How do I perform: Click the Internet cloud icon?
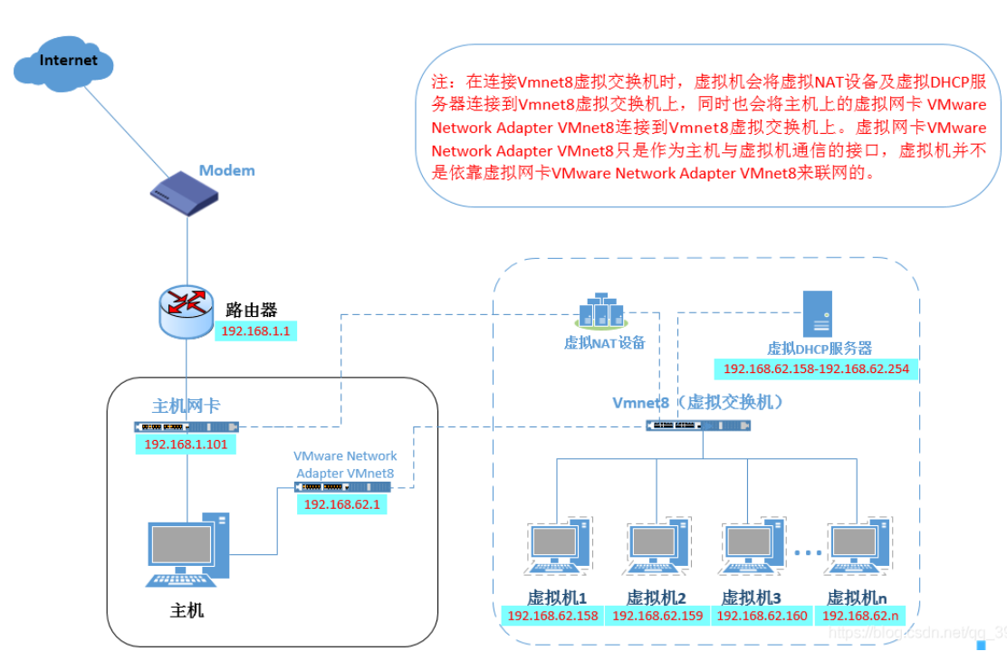tap(65, 64)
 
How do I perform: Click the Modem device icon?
tap(185, 192)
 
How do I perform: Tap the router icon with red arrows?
tap(187, 311)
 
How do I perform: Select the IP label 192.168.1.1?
tap(255, 331)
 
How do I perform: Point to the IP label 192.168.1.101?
tap(186, 444)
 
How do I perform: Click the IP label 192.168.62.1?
tap(341, 503)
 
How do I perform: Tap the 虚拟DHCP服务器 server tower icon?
tap(817, 314)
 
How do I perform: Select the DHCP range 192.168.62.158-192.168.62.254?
tap(816, 369)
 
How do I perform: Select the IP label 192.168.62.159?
tap(657, 616)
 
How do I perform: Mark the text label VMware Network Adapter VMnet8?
tap(345, 465)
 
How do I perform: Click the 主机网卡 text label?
tap(186, 407)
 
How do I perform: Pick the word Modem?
tap(226, 170)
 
